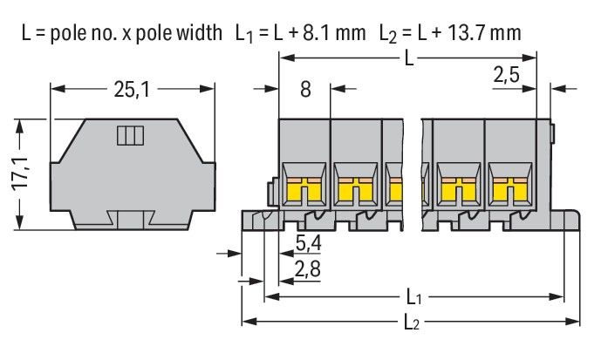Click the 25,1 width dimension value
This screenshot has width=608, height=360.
coord(132,88)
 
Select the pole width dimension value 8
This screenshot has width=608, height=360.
coord(304,88)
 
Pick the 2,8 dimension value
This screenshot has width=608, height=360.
coord(307,270)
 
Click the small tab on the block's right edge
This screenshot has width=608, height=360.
coord(554,132)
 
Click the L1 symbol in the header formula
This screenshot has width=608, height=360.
coord(243,34)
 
